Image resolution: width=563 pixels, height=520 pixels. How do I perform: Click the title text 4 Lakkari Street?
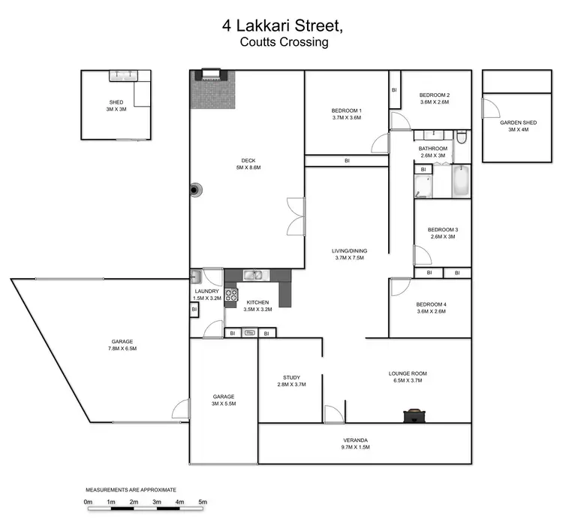283,25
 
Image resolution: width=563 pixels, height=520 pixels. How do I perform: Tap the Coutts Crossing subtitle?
284,42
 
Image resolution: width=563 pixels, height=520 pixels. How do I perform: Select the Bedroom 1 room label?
346,113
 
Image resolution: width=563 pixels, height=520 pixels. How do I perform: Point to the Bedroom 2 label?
434,98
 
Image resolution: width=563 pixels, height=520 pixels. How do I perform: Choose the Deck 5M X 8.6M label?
248,163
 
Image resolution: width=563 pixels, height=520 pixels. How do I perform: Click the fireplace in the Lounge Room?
411,415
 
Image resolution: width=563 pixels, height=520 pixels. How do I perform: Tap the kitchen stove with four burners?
231,295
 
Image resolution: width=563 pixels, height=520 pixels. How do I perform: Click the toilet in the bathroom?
462,138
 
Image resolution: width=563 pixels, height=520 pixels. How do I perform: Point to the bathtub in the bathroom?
461,182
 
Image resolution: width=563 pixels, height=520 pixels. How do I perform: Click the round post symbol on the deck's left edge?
195,190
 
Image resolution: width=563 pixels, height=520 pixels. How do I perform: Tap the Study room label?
291,382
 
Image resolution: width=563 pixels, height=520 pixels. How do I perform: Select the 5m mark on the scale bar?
202,502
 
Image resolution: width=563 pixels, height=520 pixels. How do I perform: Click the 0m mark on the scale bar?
88,502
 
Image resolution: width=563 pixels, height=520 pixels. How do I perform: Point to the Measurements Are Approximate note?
131,489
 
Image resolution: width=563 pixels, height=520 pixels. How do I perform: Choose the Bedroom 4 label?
431,307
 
